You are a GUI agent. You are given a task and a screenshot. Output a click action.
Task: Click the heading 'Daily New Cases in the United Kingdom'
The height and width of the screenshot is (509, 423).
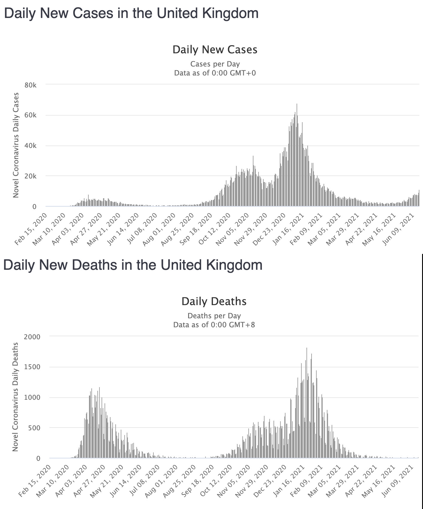131,14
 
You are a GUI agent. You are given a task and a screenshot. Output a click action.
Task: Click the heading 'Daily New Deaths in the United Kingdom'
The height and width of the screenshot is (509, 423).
133,265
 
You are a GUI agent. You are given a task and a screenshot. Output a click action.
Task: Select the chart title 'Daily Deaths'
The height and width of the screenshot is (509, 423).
214,301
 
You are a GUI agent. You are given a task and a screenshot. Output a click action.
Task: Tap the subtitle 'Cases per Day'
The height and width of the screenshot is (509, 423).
215,64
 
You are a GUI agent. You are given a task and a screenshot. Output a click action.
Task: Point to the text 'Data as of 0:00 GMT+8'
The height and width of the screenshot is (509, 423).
214,325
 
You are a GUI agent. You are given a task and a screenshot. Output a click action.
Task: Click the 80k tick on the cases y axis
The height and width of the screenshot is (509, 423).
31,85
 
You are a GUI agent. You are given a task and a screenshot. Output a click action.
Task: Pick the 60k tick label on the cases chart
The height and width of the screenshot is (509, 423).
31,115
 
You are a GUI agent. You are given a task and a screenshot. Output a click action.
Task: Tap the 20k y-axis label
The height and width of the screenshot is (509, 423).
31,176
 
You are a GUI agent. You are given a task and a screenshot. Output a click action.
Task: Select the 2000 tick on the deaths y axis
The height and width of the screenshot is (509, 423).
32,337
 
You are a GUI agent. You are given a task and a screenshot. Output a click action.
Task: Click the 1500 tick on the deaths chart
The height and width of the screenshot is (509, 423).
32,367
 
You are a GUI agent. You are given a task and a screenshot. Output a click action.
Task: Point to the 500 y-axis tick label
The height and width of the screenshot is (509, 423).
34,428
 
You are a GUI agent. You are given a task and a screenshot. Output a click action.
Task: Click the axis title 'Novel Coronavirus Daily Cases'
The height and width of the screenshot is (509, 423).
16,145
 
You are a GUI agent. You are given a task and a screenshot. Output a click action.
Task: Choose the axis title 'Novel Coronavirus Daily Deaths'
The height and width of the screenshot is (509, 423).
16,397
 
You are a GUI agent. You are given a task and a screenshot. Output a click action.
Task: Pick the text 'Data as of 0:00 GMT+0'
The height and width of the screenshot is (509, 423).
215,73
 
